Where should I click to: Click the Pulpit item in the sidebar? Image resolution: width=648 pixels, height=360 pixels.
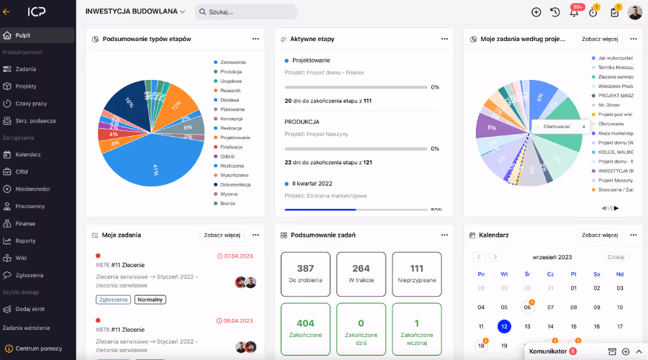click(x=23, y=35)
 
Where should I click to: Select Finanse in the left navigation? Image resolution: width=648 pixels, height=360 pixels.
click(x=25, y=224)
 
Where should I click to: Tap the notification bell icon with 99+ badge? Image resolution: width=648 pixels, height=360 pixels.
click(x=574, y=12)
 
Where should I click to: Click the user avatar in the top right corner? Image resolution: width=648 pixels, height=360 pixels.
click(x=634, y=12)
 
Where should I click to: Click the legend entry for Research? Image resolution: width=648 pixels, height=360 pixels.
click(x=231, y=91)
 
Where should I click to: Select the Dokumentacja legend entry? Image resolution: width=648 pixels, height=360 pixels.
click(x=235, y=184)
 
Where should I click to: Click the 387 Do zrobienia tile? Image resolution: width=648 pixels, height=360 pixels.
click(x=305, y=274)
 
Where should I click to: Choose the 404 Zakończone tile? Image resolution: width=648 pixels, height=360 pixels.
click(x=305, y=328)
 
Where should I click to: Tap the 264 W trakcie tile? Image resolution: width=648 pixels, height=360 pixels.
click(x=361, y=274)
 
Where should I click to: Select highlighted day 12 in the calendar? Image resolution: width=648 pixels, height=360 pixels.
click(x=504, y=326)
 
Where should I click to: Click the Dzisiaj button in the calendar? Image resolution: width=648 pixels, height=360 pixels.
click(x=616, y=257)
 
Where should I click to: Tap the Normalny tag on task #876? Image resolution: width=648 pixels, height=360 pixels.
click(x=150, y=300)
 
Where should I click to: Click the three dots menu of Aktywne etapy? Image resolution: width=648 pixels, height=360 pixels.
click(x=444, y=39)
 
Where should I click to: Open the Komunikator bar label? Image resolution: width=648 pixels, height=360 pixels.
click(x=548, y=351)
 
